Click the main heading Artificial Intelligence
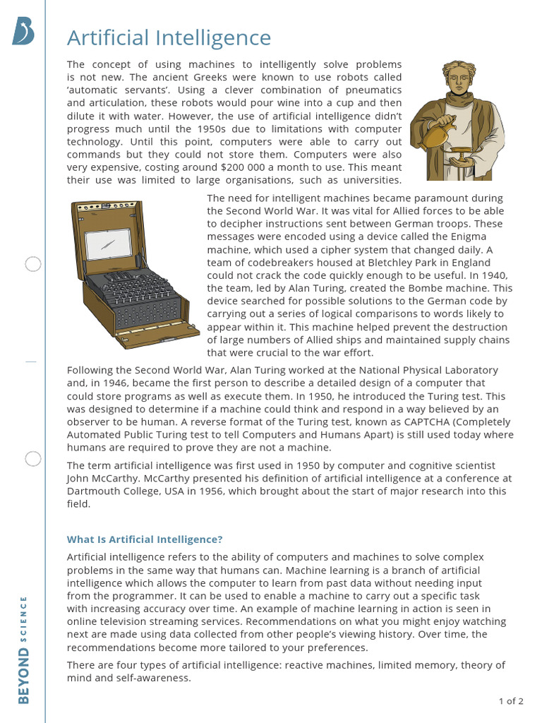coord(169,37)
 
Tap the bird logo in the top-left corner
coord(23,32)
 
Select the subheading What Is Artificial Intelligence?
coord(145,539)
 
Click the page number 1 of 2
coord(511,701)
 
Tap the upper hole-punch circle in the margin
coord(33,265)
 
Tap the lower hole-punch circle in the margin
coord(33,459)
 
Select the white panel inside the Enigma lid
coord(108,244)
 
